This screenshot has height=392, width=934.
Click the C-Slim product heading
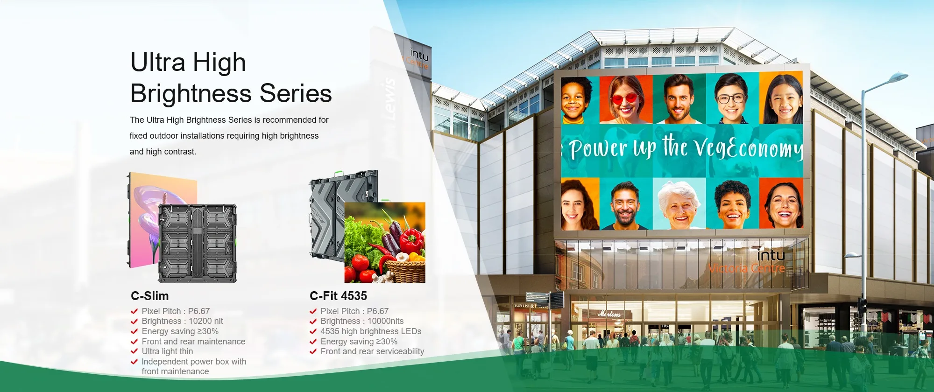click(x=149, y=296)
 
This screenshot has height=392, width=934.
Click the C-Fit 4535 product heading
click(x=338, y=296)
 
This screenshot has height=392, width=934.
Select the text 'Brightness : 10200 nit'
click(x=182, y=321)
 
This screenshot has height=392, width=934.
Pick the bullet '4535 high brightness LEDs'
click(x=371, y=331)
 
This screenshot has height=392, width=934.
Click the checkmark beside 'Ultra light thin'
click(x=134, y=351)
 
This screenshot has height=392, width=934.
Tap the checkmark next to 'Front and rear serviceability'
click(x=313, y=351)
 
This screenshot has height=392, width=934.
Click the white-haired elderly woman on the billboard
click(x=679, y=205)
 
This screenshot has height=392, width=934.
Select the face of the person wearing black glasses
click(x=731, y=98)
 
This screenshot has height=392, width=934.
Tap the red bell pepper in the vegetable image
click(x=411, y=240)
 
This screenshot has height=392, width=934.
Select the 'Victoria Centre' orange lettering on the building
click(x=746, y=268)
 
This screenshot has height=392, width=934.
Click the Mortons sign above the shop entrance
click(x=609, y=314)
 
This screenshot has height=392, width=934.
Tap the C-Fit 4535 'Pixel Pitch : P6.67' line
click(x=354, y=311)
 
